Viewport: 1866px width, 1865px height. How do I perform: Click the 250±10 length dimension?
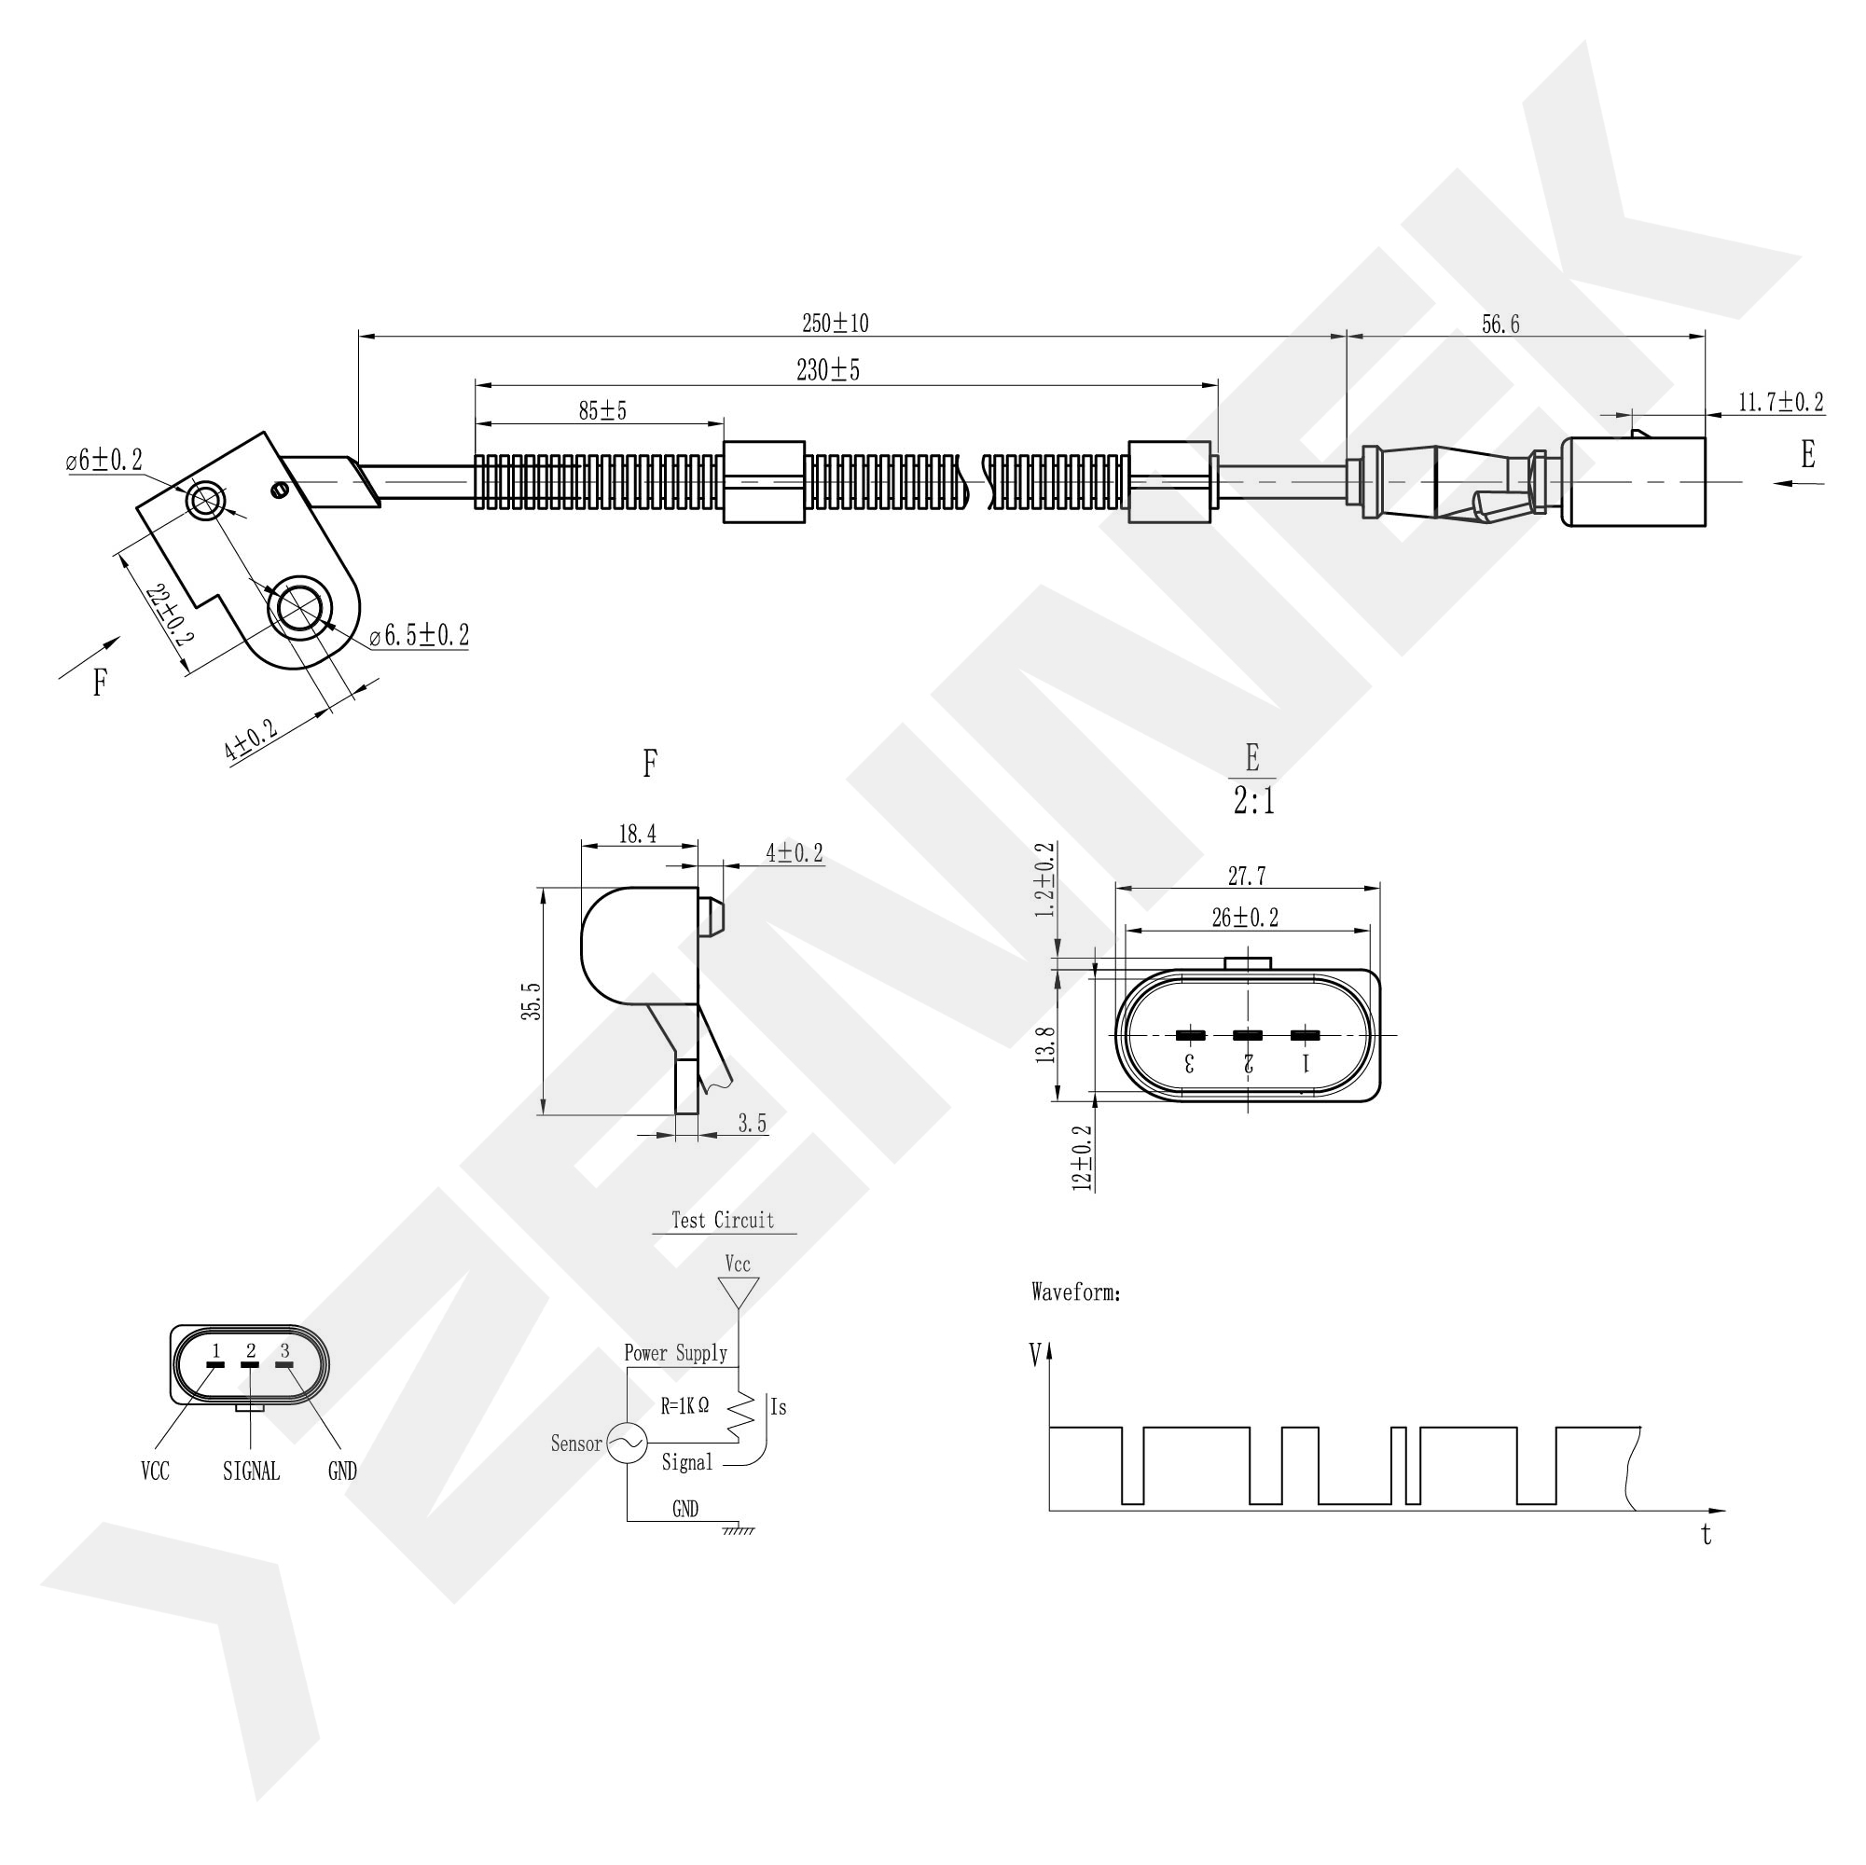[836, 324]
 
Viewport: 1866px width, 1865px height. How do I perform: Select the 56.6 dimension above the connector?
[1500, 325]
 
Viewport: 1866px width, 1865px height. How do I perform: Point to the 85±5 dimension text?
[602, 410]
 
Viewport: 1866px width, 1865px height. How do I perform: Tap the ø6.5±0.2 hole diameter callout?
[421, 636]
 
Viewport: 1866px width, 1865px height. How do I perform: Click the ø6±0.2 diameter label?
[104, 461]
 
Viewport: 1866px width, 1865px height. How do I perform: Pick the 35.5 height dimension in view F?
[532, 1001]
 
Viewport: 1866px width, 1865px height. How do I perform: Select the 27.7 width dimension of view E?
[1247, 876]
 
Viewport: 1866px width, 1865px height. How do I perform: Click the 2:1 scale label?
[1253, 801]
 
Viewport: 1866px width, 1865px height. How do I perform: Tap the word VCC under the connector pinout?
[155, 1471]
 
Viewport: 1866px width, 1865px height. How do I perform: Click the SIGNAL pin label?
[251, 1471]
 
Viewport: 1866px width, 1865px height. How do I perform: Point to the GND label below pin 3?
[342, 1471]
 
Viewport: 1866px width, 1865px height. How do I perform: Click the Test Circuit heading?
[723, 1220]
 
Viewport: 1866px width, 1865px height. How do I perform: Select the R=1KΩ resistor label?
[684, 1406]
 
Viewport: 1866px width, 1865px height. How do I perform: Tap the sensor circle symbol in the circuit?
[627, 1443]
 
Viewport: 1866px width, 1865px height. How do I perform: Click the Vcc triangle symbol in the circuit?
[738, 1292]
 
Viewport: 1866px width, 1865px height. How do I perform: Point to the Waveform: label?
[1076, 1292]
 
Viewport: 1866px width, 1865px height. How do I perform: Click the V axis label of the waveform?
[1035, 1355]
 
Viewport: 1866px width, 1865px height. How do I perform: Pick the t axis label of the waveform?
[1707, 1535]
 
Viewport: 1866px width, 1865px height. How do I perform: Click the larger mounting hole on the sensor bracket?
[300, 607]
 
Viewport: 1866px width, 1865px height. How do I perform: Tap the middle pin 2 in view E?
[1248, 1035]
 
